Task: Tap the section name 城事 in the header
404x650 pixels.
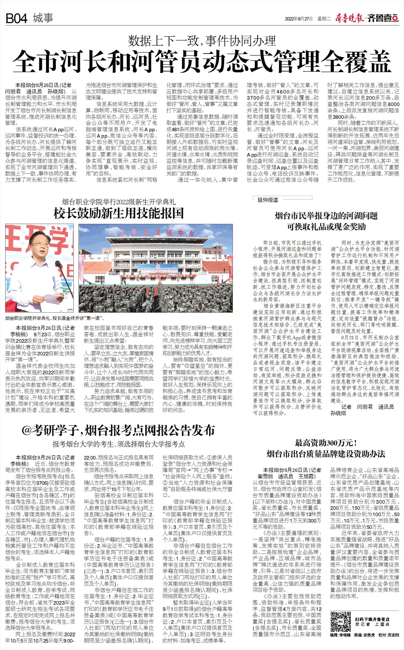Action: click(43, 18)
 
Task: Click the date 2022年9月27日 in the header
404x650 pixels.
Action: click(299, 19)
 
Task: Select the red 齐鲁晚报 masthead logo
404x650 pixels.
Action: click(350, 19)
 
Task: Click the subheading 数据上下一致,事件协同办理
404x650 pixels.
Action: click(202, 41)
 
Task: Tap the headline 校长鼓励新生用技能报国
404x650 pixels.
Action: click(119, 213)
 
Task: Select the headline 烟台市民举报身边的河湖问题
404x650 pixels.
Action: click(326, 216)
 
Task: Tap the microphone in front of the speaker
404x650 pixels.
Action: click(57, 267)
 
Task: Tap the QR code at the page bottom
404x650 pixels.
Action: click(340, 622)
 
